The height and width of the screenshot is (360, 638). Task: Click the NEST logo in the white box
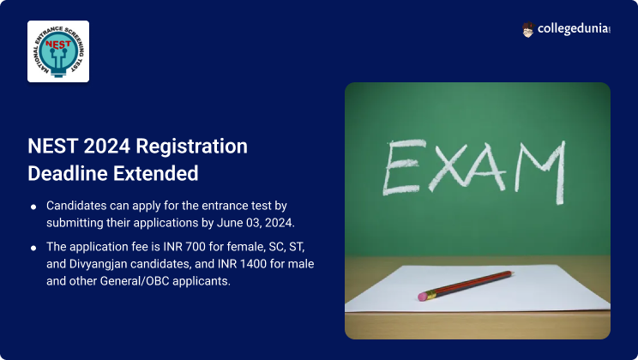tap(58, 51)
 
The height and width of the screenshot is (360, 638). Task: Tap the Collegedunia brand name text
tap(575, 30)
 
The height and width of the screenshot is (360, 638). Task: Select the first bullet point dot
tap(33, 207)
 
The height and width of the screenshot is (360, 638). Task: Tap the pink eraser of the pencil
tap(423, 297)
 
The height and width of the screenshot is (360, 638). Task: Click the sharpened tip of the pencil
tap(512, 273)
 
